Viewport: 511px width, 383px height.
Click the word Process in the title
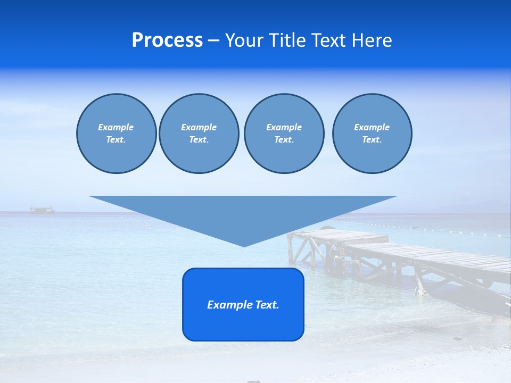[167, 40]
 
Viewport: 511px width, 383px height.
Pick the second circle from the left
[199, 154]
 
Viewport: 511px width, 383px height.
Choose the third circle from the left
[284, 154]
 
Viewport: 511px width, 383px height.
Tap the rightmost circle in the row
[372, 154]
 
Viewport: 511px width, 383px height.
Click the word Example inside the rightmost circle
[372, 127]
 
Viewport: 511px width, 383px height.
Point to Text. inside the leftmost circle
[116, 140]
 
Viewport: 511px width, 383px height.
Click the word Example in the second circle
[199, 127]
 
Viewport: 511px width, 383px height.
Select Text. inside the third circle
[284, 140]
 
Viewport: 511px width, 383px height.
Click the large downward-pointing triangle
[243, 213]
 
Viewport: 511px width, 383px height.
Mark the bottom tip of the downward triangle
[244, 245]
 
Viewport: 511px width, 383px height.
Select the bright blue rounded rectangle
[243, 324]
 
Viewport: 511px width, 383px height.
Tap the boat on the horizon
[42, 210]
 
